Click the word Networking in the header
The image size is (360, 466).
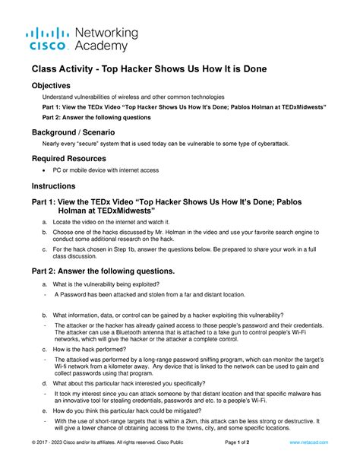pyautogui.click(x=106, y=33)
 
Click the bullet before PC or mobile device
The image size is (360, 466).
pyautogui.click(x=48, y=171)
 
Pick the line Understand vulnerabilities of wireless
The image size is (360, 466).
pyautogui.click(x=134, y=97)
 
